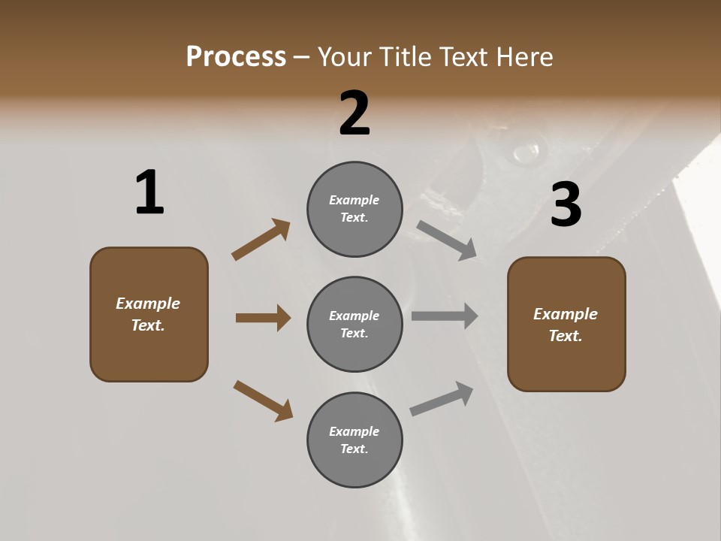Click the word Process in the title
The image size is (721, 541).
pyautogui.click(x=236, y=56)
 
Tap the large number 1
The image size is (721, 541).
pyautogui.click(x=149, y=193)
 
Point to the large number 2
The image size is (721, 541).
pyautogui.click(x=354, y=113)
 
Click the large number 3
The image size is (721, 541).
pyautogui.click(x=566, y=205)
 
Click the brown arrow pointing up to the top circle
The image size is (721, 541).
pyautogui.click(x=261, y=240)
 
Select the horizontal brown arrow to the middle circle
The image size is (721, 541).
pyautogui.click(x=263, y=318)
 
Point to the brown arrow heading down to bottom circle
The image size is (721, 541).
pyautogui.click(x=263, y=400)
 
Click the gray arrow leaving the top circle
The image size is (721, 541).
pyautogui.click(x=447, y=240)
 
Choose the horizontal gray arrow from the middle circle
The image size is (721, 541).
pyautogui.click(x=445, y=316)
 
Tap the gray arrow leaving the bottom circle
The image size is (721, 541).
pyautogui.click(x=442, y=398)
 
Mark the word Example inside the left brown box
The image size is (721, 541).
pyautogui.click(x=148, y=304)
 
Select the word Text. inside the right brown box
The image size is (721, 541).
pyautogui.click(x=566, y=336)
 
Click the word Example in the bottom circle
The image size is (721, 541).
pyautogui.click(x=354, y=431)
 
